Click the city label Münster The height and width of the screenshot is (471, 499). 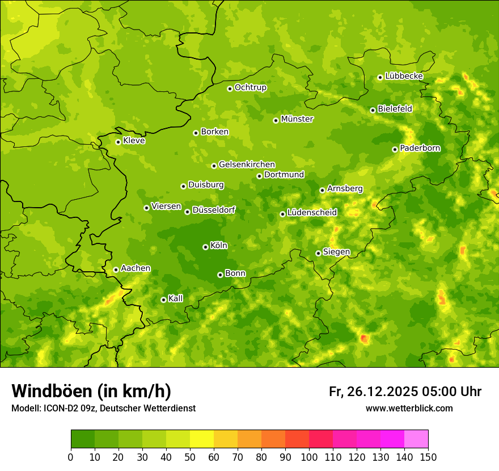(297, 119)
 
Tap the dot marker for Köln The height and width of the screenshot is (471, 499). (205, 247)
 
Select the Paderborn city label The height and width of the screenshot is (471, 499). (420, 148)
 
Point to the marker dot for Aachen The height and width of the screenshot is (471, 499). (116, 270)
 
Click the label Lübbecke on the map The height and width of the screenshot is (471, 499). (404, 76)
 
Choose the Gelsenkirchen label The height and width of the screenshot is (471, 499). (247, 165)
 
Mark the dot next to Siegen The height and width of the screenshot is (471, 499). (318, 253)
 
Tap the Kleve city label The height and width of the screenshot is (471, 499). (134, 141)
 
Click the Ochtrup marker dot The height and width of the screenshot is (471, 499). (230, 89)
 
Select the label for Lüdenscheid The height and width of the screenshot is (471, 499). (312, 213)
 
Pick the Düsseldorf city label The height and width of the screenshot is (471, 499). (214, 211)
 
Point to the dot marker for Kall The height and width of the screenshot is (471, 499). (163, 300)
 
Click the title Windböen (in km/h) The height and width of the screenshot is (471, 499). (91, 391)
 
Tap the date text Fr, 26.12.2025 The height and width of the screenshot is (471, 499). (373, 392)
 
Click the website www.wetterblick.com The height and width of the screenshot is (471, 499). (409, 408)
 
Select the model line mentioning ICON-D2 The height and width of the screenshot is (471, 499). (103, 408)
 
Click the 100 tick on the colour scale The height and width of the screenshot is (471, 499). (309, 457)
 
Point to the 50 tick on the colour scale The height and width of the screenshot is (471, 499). (190, 457)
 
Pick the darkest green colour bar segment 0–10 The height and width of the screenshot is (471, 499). (83, 439)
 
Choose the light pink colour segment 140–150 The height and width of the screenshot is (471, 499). (416, 439)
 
